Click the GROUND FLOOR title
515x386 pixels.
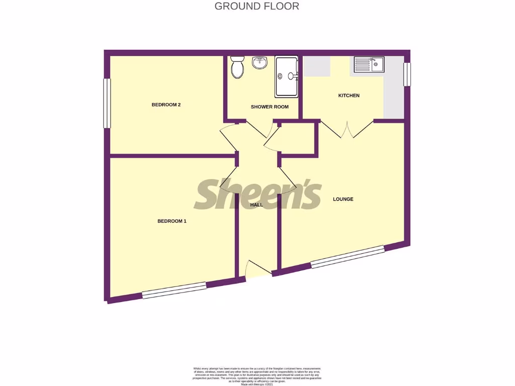coord(256,6)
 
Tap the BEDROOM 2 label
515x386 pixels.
coord(166,105)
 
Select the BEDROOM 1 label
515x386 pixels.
coord(172,221)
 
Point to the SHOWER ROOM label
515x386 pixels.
coord(270,107)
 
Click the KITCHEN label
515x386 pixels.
coord(349,95)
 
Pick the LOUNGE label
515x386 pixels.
coord(343,199)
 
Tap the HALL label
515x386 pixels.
coord(256,205)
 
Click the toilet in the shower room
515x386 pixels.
coord(237,66)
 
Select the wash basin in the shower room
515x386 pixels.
coord(260,63)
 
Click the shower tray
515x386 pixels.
coord(287,76)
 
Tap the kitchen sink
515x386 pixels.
coord(369,64)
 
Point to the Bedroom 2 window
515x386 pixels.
coord(107,103)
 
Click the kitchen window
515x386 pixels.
coord(407,74)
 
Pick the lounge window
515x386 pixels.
coord(348,256)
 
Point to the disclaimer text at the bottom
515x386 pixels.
coord(257,376)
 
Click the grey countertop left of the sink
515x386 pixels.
coord(316,66)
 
